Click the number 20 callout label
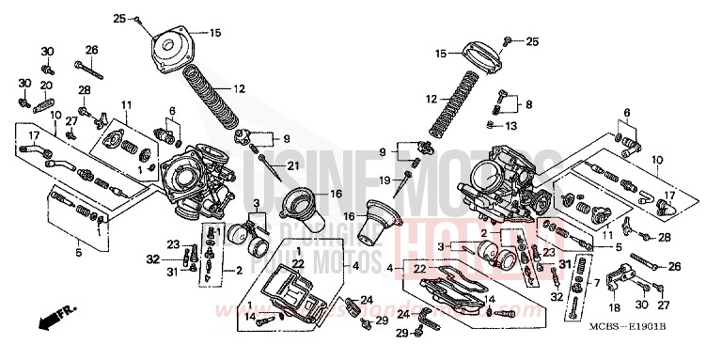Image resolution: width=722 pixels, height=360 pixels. click(45, 86)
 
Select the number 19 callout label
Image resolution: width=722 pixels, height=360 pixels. click(384, 179)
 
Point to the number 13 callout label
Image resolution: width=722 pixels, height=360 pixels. click(511, 125)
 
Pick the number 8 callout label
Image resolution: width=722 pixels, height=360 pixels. click(528, 104)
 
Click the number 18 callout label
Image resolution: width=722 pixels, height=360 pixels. click(615, 306)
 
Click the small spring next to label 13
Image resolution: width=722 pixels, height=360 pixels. click(493, 125)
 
